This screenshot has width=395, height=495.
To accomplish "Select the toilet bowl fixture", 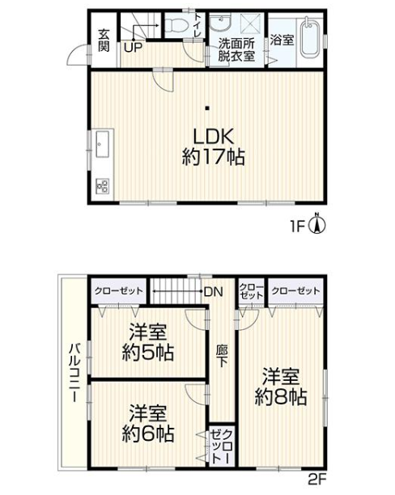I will click(174, 26).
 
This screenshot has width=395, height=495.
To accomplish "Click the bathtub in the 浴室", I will click(310, 38).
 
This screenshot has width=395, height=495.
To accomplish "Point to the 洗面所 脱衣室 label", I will click(236, 49).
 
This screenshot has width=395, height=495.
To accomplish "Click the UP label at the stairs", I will click(132, 47).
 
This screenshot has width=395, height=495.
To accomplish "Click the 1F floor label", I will click(299, 227).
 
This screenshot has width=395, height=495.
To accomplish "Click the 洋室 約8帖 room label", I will click(281, 387).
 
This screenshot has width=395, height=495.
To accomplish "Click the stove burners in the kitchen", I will click(102, 185).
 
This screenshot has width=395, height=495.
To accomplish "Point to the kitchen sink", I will click(100, 146).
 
